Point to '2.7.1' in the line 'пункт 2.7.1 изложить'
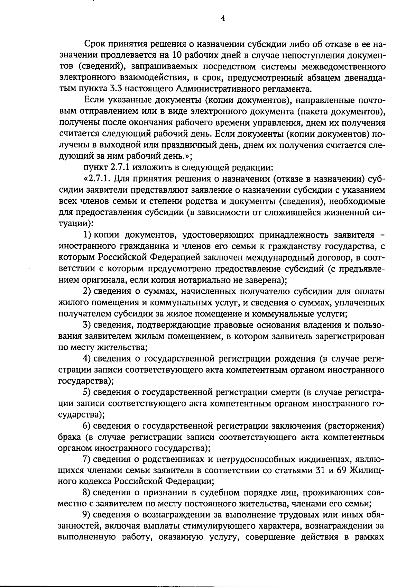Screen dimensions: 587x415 coord(120,168)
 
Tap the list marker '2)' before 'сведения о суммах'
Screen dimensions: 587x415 coord(87,291)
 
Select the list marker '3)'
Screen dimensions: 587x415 coord(87,325)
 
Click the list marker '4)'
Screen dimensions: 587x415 coord(87,358)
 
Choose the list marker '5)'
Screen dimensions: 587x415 coord(87,392)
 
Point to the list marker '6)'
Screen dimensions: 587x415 coord(87,425)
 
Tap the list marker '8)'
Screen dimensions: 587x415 coord(87,493)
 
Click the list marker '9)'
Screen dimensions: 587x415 coord(87,515)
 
